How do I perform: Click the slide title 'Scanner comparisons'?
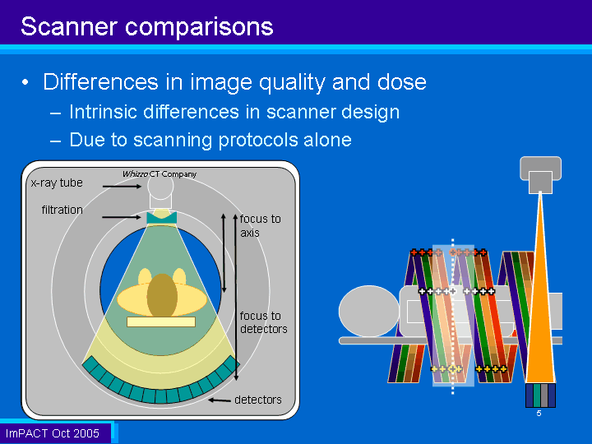point(147,26)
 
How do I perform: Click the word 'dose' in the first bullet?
point(402,82)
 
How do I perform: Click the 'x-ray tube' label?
point(57,183)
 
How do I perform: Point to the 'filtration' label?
point(62,210)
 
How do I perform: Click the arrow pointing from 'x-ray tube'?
point(122,186)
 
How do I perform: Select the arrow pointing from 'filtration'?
point(122,217)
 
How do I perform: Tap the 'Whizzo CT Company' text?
point(160,174)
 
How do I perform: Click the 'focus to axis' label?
point(260,226)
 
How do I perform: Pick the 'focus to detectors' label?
point(264,322)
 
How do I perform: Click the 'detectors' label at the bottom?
point(258,400)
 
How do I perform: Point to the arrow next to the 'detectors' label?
point(220,400)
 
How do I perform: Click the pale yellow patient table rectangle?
point(161,321)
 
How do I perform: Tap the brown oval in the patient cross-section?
point(162,295)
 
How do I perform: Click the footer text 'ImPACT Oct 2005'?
point(53,433)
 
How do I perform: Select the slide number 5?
point(539,414)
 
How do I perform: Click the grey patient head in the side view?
point(369,311)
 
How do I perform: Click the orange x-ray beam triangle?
point(540,302)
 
